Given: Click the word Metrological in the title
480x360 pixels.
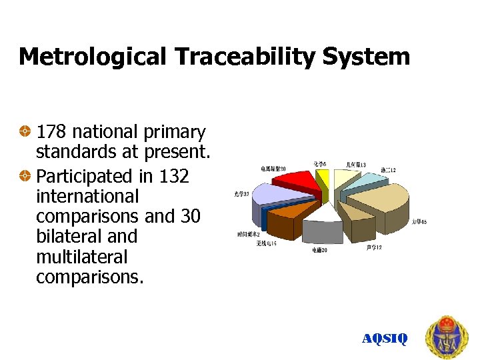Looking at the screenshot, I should pos(92,57).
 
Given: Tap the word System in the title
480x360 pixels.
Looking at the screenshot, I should pos(366,57).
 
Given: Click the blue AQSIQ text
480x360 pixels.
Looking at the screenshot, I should pos(384,339).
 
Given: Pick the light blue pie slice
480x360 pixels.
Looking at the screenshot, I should pos(361,183).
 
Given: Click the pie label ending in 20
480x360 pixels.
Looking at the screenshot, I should pos(319,250).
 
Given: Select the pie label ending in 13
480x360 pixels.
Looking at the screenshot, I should pos(355,164).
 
